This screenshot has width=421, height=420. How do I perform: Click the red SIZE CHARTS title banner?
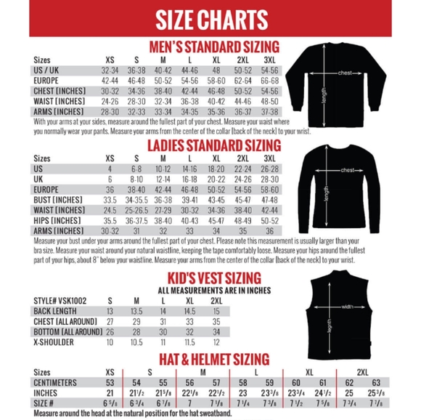(x=211, y=20)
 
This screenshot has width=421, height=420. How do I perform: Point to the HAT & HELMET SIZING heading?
(x=210, y=359)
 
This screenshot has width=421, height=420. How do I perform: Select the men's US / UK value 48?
(x=216, y=70)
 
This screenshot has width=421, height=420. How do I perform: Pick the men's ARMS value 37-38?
(x=269, y=112)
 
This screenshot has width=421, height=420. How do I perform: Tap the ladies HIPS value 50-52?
(x=269, y=220)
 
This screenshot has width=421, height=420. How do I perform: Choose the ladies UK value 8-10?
(x=136, y=179)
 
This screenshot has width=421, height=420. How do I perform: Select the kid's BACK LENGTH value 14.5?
(x=191, y=311)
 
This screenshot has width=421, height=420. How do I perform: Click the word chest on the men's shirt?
(x=346, y=73)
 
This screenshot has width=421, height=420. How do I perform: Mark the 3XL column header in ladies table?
(x=269, y=158)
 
